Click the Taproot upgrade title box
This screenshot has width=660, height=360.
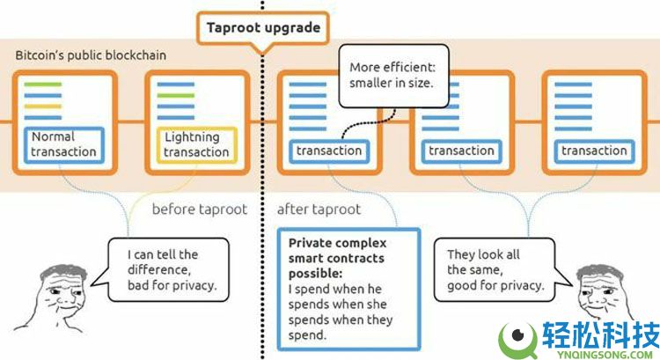(x=262, y=27)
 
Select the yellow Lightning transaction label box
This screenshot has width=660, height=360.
(x=196, y=144)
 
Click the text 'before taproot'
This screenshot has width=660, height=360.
(x=199, y=209)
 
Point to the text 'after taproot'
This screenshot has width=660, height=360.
(x=319, y=209)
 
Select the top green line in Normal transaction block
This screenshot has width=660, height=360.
(x=43, y=84)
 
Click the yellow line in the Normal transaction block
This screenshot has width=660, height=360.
(x=43, y=106)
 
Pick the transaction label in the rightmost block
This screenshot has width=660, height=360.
(x=594, y=151)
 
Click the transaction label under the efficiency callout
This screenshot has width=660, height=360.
(x=329, y=151)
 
